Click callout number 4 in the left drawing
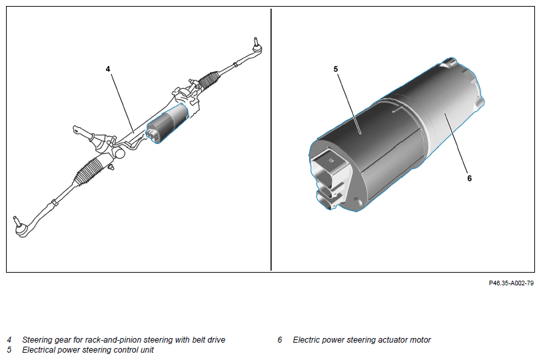(108, 69)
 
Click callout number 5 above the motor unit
(336, 69)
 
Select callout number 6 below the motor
(469, 178)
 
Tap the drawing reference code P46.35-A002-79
(511, 283)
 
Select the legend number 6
(280, 340)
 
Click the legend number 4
(9, 340)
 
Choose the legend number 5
(9, 349)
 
